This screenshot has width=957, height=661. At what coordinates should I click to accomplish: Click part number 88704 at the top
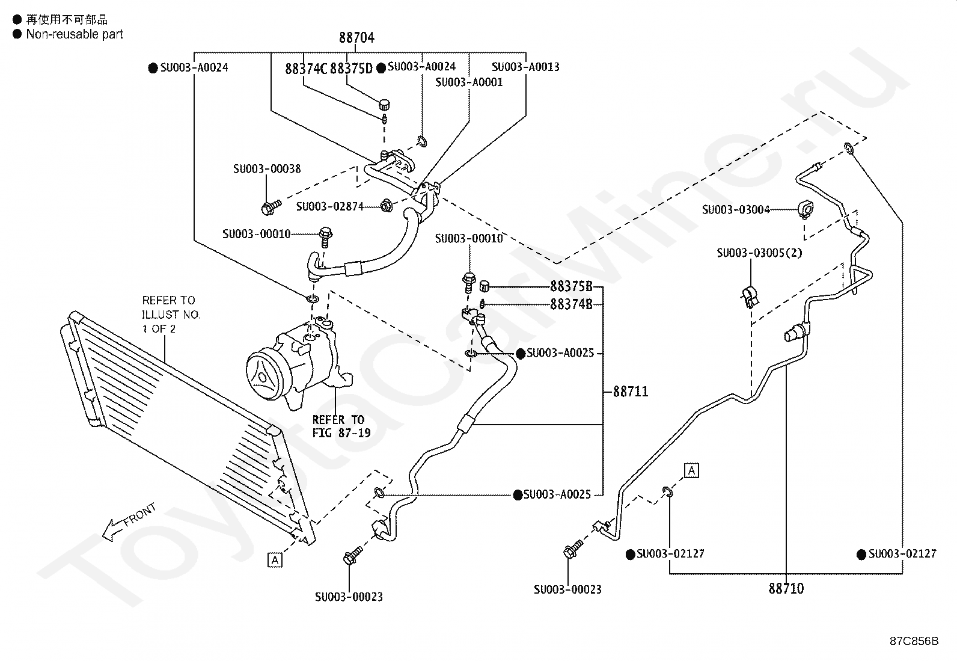(x=356, y=38)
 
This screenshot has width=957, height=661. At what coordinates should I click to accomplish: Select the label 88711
(x=631, y=391)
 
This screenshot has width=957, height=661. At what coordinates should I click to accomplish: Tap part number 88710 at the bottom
(x=786, y=589)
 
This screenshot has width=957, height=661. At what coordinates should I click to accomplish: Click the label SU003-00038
(x=267, y=169)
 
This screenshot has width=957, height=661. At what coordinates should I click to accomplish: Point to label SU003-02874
(x=330, y=206)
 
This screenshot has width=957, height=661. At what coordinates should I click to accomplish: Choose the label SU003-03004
(x=736, y=209)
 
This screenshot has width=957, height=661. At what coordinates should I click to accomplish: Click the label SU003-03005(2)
(x=760, y=253)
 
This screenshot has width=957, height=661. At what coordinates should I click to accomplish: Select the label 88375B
(x=571, y=286)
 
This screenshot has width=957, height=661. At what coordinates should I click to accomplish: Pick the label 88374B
(x=571, y=304)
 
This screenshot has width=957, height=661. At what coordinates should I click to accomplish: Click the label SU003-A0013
(x=525, y=67)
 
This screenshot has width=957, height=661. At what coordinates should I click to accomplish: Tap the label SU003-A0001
(x=469, y=82)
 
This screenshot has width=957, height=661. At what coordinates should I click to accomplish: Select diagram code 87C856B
(x=914, y=641)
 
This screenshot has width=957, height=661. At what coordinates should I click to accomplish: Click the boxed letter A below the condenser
(x=275, y=560)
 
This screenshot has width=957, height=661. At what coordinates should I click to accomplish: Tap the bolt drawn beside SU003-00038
(x=271, y=207)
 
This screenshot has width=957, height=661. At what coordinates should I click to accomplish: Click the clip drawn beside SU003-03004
(x=806, y=209)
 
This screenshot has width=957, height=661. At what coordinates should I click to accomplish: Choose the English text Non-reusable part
(x=75, y=34)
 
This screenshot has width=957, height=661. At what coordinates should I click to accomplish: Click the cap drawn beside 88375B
(x=484, y=286)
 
